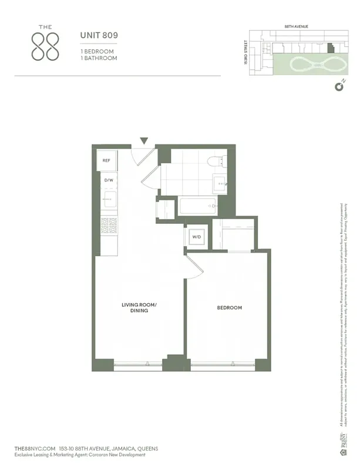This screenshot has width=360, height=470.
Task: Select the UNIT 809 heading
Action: (x=99, y=35)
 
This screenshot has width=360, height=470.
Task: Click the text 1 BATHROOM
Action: (x=99, y=58)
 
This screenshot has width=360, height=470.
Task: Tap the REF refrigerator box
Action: (x=107, y=160)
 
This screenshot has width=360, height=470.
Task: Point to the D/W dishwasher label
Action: (x=109, y=180)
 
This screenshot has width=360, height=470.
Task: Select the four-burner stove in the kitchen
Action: (x=109, y=227)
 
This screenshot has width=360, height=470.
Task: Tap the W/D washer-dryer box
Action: (x=195, y=237)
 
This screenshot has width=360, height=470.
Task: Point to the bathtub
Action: (x=197, y=206)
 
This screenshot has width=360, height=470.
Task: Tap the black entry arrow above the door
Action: (x=144, y=141)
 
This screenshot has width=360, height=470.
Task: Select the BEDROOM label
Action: (x=229, y=307)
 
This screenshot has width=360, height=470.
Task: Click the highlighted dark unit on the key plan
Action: (x=329, y=45)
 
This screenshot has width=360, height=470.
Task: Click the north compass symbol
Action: (x=339, y=87)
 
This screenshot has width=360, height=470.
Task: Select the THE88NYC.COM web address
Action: (x=34, y=448)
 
